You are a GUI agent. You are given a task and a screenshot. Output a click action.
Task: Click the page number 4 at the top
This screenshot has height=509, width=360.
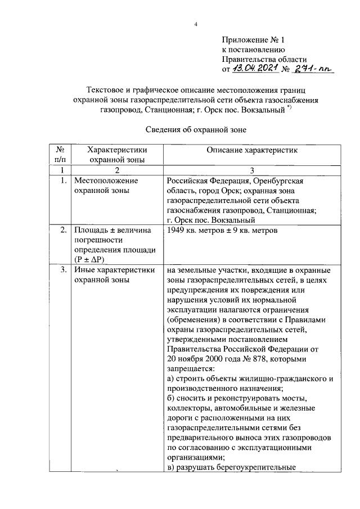pos(195,25)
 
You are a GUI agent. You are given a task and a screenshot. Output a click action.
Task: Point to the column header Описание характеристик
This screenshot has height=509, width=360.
pos(250,150)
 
